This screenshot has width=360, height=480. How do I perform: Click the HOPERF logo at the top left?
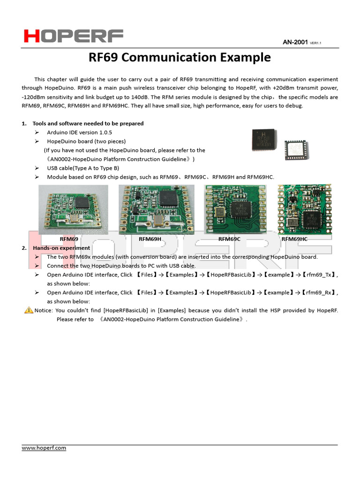click(74, 36)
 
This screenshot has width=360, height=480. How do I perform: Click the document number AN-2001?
click(295, 43)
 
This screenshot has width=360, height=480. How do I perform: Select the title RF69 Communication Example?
click(180, 58)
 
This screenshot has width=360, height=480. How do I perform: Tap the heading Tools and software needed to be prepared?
click(88, 123)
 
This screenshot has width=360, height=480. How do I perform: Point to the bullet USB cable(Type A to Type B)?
click(83, 168)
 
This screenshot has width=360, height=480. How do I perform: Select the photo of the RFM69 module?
click(73, 209)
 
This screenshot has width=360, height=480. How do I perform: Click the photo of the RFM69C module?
click(235, 209)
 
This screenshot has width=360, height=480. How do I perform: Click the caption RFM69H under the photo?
click(150, 239)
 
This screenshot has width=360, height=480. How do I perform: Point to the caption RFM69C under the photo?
click(229, 239)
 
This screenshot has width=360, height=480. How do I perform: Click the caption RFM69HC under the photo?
click(294, 239)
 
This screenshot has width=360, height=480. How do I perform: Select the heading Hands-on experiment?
click(61, 248)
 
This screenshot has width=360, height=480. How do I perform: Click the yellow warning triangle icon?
click(29, 310)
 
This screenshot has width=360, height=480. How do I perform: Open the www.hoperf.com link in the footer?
click(44, 448)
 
